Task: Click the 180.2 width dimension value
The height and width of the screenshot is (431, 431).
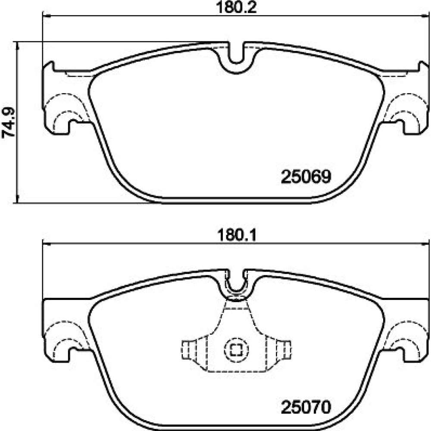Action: click(236, 7)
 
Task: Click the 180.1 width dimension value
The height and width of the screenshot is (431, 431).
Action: click(237, 235)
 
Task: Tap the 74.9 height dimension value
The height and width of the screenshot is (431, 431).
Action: click(9, 122)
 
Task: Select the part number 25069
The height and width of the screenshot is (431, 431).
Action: click(306, 176)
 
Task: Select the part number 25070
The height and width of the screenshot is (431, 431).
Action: click(306, 407)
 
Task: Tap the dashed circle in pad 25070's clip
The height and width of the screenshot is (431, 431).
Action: click(236, 350)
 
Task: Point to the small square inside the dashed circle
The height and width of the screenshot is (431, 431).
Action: click(236, 350)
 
